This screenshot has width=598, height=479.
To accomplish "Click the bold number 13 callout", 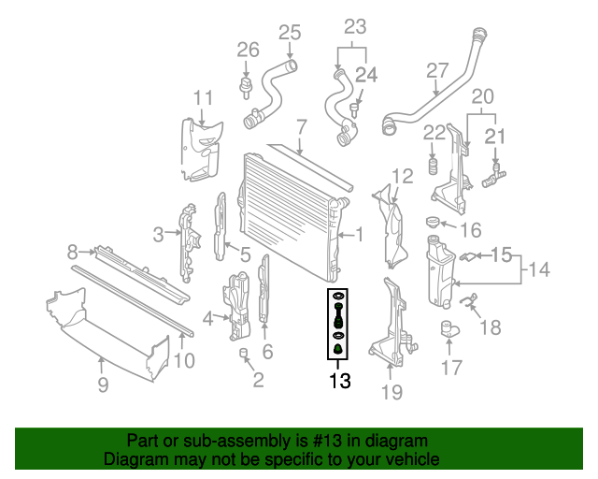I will (338, 381).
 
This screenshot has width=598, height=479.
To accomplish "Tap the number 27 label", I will (438, 70).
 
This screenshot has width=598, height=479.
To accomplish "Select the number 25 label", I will (290, 33).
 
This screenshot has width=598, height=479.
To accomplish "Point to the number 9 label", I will (103, 383).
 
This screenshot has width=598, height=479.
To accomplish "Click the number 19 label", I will (392, 392).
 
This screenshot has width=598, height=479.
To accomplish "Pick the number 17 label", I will (450, 369).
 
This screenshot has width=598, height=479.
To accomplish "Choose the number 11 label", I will (204, 97).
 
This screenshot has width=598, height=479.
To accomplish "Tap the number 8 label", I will (72, 251).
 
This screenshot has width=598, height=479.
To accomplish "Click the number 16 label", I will (470, 230).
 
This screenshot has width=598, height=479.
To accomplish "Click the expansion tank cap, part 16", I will (432, 222).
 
